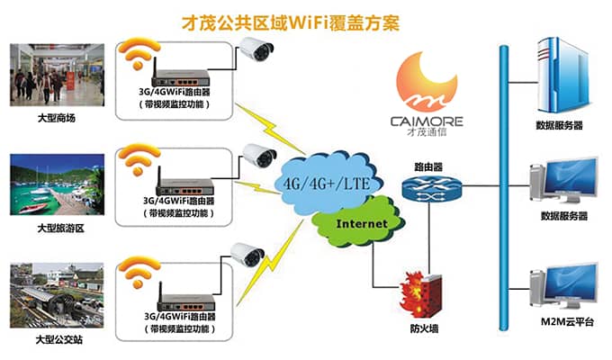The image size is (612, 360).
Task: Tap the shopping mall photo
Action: (57, 74)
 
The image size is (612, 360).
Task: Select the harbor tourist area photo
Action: (57, 184)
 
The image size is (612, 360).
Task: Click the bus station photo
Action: (57, 294)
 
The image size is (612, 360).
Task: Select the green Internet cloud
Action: (360, 222)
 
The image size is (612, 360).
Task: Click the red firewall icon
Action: (422, 292)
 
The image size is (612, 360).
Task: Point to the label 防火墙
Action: (423, 329)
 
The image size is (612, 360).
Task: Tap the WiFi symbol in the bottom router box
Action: (138, 274)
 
